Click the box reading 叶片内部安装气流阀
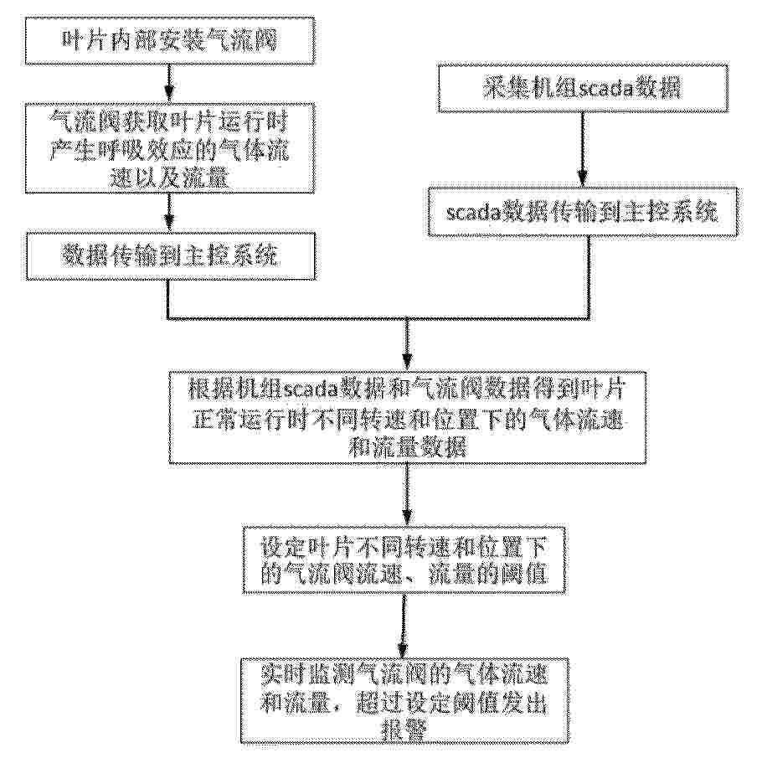[169, 41]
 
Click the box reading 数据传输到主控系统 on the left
[169, 255]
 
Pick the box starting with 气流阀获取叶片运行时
[170, 151]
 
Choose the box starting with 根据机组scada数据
[407, 417]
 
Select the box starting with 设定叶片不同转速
[407, 564]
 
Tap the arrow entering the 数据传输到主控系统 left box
[169, 213]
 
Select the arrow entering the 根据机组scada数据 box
[407, 343]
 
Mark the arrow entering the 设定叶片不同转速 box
[407, 494]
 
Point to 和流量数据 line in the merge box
[407, 445]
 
